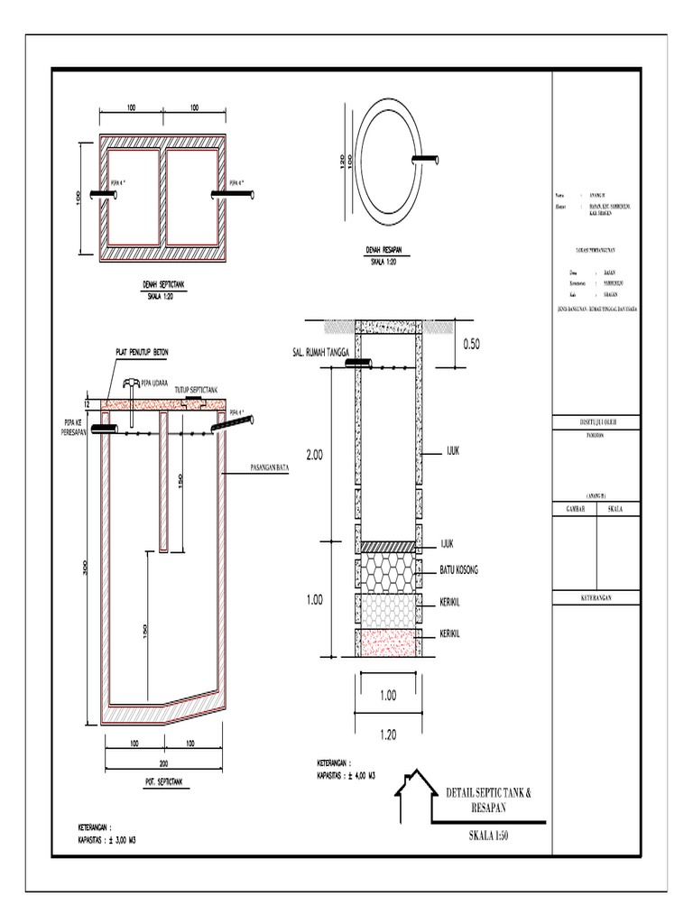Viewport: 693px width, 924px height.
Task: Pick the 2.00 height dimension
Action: pos(314,457)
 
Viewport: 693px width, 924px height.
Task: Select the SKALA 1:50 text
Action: pos(489,836)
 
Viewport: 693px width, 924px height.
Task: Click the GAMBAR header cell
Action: pos(575,509)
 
